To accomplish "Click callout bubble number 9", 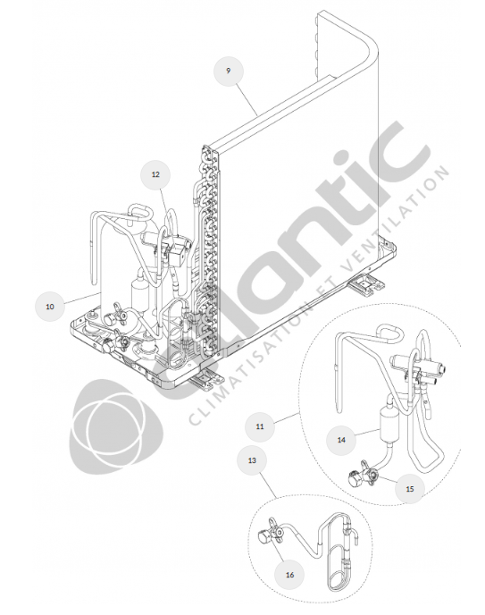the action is click(229, 71).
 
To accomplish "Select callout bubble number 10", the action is click(50, 307).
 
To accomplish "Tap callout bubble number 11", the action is click(260, 426).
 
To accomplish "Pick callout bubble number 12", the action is click(156, 174).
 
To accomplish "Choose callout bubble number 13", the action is click(252, 460).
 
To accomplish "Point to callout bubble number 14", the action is click(341, 440).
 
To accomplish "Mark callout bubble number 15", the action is click(410, 489).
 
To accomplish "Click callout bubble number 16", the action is click(289, 575).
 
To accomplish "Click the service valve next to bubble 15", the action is click(364, 474).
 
